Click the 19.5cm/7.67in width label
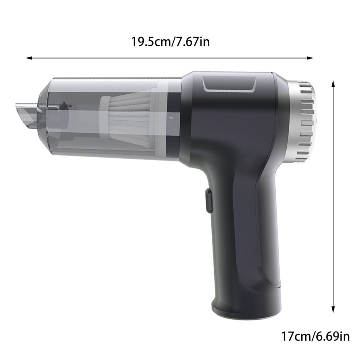(170, 42)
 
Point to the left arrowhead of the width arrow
(28, 58)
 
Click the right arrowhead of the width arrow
(310, 58)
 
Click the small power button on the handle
(208, 200)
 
